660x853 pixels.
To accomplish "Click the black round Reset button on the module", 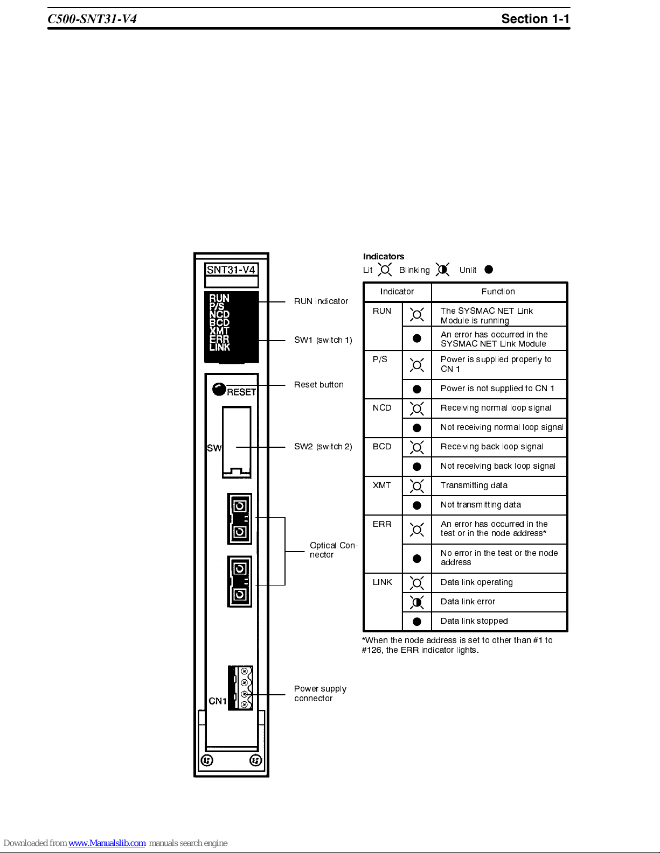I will click(219, 389).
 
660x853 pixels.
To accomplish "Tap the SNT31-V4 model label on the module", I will click(231, 270).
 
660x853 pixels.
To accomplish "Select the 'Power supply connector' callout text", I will click(320, 693).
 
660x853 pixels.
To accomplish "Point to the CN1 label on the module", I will click(218, 701).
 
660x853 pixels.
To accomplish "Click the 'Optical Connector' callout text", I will click(333, 550).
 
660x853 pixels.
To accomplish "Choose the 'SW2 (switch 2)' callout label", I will click(323, 447).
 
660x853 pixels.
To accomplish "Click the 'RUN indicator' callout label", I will click(321, 301).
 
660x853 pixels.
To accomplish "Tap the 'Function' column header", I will click(498, 292).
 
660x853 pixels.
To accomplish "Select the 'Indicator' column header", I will click(397, 292).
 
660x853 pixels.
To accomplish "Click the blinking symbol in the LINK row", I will click(416, 602).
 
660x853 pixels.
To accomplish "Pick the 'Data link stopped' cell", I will click(474, 621).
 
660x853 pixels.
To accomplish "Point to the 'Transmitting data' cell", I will click(474, 485).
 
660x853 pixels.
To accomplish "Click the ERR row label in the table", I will click(382, 524).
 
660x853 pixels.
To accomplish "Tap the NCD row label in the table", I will click(382, 408).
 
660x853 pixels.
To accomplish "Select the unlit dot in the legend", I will click(489, 270).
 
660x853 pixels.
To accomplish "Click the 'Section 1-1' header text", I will click(535, 19).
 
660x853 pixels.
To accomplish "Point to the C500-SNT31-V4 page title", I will click(92, 19).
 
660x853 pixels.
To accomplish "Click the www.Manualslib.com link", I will click(107, 843).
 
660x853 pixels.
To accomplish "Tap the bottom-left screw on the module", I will click(207, 760).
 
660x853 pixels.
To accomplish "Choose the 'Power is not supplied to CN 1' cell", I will click(497, 389).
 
